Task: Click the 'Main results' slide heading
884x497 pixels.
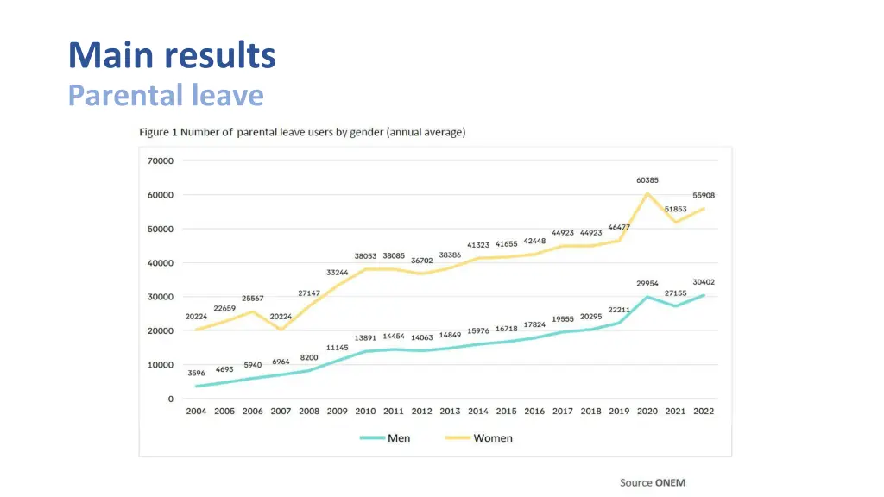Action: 172,55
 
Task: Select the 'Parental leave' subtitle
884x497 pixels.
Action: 166,94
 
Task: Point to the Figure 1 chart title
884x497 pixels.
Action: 302,132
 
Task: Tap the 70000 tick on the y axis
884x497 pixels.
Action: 160,160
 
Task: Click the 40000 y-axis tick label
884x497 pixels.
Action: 160,263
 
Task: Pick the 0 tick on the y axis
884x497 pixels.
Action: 170,399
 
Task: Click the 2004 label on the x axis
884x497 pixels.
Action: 197,412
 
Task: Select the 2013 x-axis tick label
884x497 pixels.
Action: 450,412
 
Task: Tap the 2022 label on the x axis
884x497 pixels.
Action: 704,412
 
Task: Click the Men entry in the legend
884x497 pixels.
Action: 385,438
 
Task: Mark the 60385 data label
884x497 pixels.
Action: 648,180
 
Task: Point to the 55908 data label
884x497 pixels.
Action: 704,195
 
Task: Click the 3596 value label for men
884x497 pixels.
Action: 196,374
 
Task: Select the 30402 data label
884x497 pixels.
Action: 704,282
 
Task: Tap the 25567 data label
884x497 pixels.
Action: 252,299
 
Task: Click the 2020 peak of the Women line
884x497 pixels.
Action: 647,193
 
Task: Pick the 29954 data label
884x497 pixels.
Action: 647,283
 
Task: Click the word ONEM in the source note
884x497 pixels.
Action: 670,482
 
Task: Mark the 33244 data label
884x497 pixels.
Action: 337,273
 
